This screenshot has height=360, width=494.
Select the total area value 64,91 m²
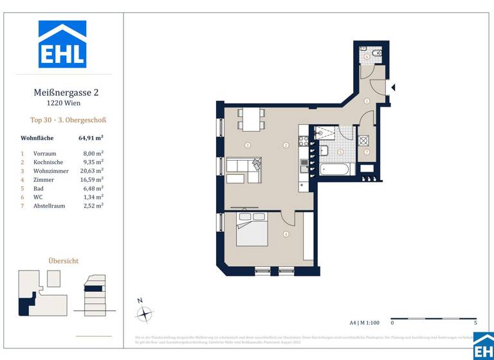91,138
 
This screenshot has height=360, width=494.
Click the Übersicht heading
64,261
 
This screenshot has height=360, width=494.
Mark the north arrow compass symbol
145,313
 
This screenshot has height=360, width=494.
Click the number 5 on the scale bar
475,323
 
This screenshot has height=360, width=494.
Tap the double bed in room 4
249,229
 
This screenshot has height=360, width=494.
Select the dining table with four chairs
251,120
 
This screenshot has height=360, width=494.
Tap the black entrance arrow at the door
393,87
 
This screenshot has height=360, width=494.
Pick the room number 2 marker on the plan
286,145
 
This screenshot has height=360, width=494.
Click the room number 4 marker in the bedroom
286,234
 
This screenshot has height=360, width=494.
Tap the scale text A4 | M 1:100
363,323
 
